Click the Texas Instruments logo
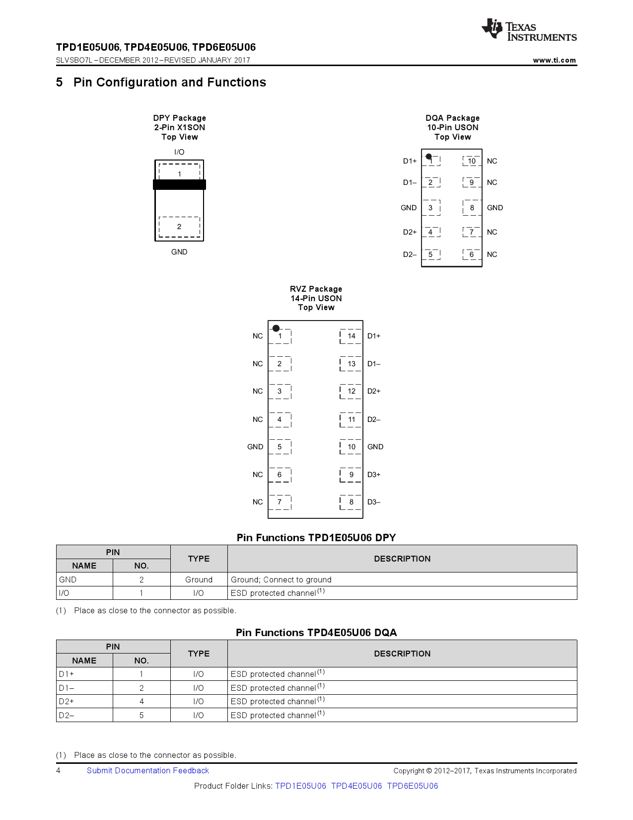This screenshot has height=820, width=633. pos(529,30)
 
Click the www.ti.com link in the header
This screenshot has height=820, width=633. pos(554,60)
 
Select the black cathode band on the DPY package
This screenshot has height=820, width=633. pos(179,184)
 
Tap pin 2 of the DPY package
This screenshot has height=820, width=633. pos(179,227)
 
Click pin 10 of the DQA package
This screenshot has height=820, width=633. pos(472,161)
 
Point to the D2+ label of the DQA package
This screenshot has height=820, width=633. pos(410,232)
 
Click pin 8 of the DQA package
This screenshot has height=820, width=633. pos(472,208)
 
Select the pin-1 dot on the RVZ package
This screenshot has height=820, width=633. pos(276,328)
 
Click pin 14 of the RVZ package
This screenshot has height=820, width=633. pos(351,336)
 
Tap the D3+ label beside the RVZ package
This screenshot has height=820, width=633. pos(374,475)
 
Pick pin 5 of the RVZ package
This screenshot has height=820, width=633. pos(280,447)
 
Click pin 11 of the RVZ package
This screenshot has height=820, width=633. pos(351,419)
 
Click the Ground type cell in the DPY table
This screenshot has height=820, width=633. pos(199,579)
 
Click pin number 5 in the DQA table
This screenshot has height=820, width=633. pos(141,715)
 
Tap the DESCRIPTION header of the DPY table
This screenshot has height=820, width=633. pos(402,559)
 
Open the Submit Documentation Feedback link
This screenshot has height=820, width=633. pos(148,770)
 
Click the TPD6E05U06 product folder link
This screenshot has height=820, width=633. pos(413,786)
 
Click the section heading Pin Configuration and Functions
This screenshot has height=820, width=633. pos(169,82)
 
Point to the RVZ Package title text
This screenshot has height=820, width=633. pos(316,289)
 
